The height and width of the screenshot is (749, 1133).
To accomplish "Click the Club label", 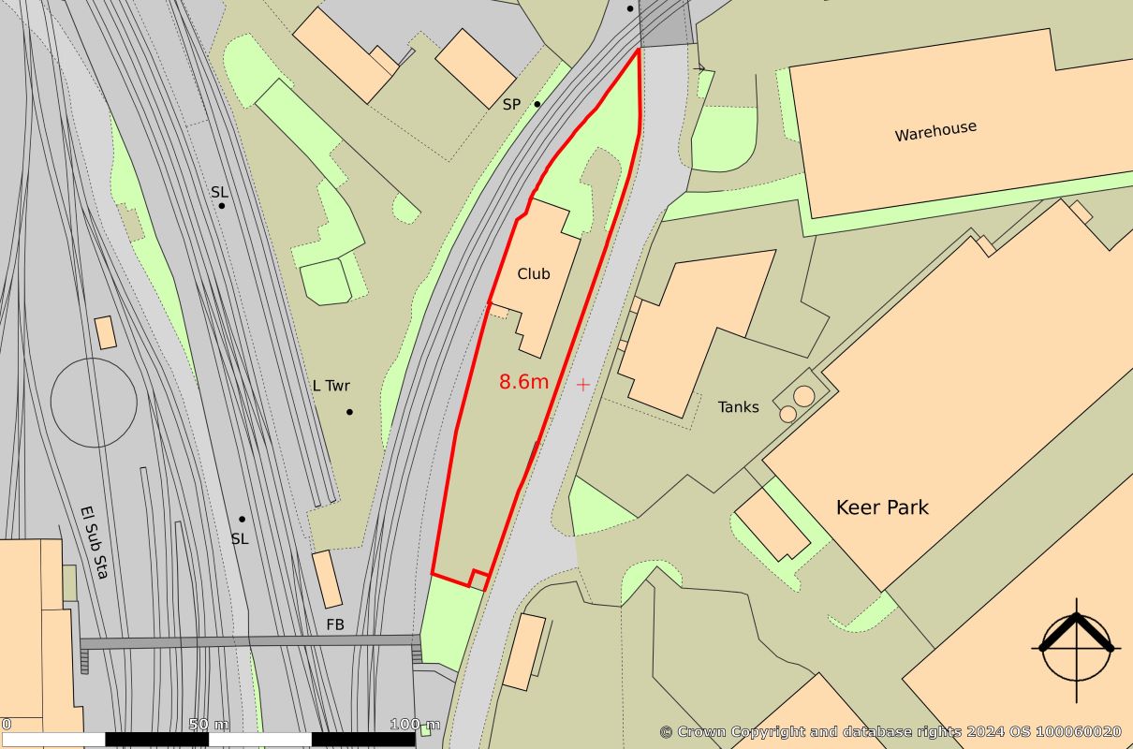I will pyautogui.click(x=534, y=274).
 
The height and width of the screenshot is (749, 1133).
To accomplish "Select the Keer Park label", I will pyautogui.click(x=882, y=507).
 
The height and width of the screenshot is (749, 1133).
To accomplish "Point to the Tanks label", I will pyautogui.click(x=739, y=407).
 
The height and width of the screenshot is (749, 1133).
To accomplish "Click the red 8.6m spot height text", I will pyautogui.click(x=524, y=382).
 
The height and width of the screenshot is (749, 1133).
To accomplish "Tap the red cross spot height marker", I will pyautogui.click(x=583, y=384).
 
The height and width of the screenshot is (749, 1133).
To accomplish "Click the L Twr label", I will pyautogui.click(x=331, y=386).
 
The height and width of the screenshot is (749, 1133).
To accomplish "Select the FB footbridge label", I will pyautogui.click(x=335, y=624).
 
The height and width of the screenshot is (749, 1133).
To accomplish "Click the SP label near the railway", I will pyautogui.click(x=511, y=105).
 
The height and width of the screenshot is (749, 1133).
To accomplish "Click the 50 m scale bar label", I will pyautogui.click(x=209, y=725).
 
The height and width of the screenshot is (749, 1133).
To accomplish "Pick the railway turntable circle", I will pyautogui.click(x=94, y=402).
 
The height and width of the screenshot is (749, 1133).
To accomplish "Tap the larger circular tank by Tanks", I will pyautogui.click(x=804, y=396).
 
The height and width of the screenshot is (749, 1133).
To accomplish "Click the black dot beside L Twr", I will pyautogui.click(x=350, y=412).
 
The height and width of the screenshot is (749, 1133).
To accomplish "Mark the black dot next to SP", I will pyautogui.click(x=537, y=104).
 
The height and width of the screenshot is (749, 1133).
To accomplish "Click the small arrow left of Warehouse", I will pyautogui.click(x=699, y=67).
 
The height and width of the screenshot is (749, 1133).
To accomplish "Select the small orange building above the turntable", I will pyautogui.click(x=106, y=332).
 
